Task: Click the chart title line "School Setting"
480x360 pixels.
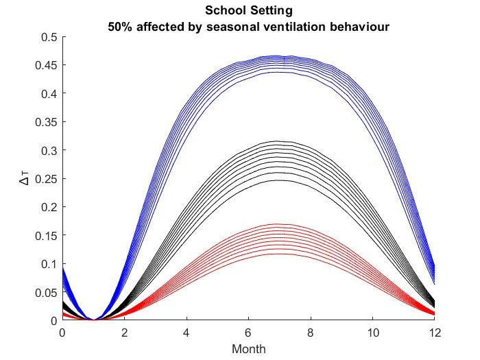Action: tap(248, 12)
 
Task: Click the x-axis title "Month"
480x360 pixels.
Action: tap(248, 348)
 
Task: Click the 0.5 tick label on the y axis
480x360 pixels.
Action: tap(49, 37)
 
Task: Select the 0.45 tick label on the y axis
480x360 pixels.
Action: tap(46, 65)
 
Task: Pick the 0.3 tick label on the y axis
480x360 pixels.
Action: tap(49, 150)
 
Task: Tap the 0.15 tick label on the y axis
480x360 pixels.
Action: tap(46, 235)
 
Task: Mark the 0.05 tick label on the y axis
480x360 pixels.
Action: tap(46, 292)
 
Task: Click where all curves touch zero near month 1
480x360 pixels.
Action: tap(93, 320)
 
